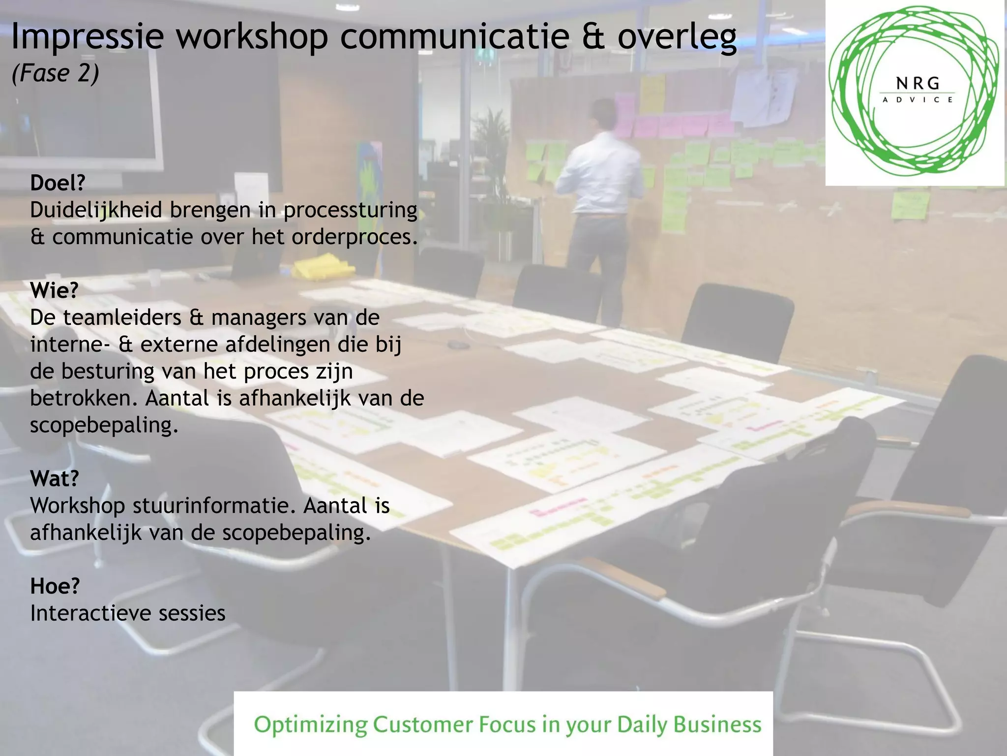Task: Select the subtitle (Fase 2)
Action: [55, 74]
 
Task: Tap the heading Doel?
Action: [58, 183]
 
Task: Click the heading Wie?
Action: [54, 290]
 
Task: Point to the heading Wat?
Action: [54, 478]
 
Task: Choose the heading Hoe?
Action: [55, 586]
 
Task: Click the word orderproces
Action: [354, 237]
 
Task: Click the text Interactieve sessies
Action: [128, 613]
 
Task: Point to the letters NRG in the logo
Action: [918, 84]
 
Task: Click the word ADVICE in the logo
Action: [918, 100]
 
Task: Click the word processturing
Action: [350, 211]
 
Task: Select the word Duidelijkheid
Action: [96, 211]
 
